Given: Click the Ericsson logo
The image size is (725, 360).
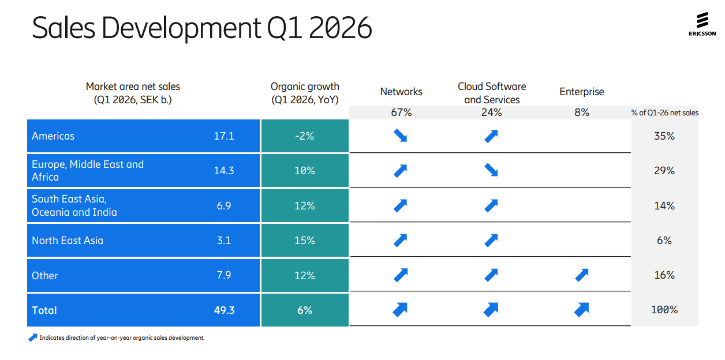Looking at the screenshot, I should [702, 25].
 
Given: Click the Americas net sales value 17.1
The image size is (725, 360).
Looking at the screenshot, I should [224, 136].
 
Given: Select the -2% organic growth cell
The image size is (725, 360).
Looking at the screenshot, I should [304, 136].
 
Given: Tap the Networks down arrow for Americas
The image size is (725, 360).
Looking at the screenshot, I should [401, 136].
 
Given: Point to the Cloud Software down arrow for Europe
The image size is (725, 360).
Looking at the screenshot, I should [491, 171].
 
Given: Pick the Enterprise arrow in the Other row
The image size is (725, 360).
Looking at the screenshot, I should [582, 275].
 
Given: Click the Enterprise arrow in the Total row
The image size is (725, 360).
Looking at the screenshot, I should [581, 310].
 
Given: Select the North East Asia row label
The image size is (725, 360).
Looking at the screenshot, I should [68, 241].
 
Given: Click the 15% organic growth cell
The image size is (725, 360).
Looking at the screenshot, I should [304, 241].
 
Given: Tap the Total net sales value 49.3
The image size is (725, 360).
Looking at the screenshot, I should [224, 310].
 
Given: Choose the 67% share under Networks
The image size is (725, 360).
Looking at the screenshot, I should [401, 112].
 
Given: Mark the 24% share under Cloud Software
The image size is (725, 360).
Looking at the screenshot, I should [492, 112].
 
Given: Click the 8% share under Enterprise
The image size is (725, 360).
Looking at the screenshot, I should [582, 112].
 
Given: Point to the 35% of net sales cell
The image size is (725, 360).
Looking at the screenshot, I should [664, 136].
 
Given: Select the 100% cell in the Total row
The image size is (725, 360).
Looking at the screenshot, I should [664, 310].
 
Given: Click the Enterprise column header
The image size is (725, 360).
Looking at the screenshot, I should [582, 92].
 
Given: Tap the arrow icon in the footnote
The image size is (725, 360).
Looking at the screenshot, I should [33, 337].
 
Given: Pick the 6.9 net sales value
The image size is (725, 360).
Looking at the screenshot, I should [224, 205].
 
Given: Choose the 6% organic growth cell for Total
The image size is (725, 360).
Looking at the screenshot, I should [304, 310].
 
